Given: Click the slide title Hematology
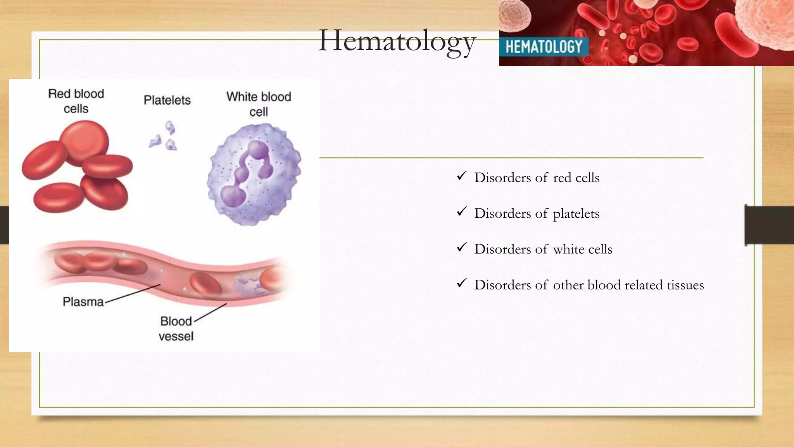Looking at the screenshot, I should point(397,42).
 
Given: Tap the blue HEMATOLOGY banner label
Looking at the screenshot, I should point(544,47).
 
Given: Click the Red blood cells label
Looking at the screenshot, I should point(76,101).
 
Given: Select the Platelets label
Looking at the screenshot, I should point(167,100).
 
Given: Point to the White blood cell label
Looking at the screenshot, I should point(259,104).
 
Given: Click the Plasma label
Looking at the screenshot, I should point(83,301).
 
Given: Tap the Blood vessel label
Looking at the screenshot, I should point(176,328).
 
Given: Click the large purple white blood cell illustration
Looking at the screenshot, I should point(254,175).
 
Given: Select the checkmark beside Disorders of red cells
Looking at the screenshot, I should point(461,176).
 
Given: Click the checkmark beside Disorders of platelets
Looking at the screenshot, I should point(461,212).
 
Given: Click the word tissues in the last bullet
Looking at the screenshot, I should point(685,285).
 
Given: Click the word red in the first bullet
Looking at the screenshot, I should point(562,178).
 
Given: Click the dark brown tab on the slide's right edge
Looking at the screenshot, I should point(769,225).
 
